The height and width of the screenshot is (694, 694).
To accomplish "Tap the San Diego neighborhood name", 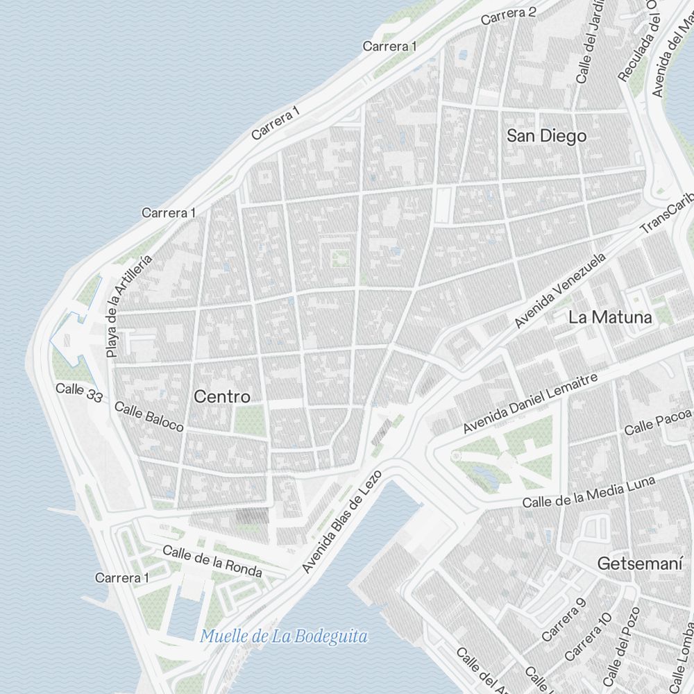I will click(x=546, y=136).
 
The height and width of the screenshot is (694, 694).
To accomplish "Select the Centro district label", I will click(x=222, y=397).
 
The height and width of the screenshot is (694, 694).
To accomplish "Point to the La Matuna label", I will click(x=610, y=318).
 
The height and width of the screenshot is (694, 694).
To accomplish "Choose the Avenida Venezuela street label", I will click(x=560, y=290).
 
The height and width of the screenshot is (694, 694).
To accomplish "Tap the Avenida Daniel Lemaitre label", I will click(x=530, y=401).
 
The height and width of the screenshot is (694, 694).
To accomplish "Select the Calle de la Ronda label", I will click(x=212, y=561).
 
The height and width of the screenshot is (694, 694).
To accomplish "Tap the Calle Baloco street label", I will click(x=149, y=416).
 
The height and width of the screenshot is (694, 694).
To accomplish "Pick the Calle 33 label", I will click(x=79, y=392).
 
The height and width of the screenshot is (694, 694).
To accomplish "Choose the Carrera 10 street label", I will click(x=588, y=636).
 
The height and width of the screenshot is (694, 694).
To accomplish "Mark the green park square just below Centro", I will click(x=249, y=420).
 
